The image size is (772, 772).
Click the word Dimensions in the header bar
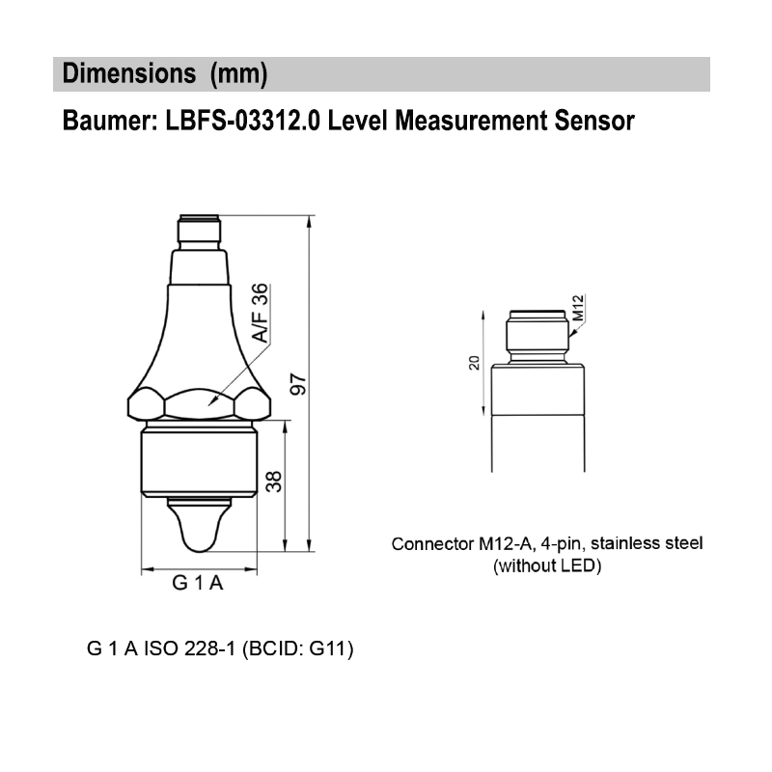[x=124, y=74]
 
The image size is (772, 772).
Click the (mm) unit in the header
[x=237, y=74]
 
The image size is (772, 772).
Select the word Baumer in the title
[x=100, y=123]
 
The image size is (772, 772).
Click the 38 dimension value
[x=275, y=481]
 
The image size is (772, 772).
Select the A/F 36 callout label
[x=260, y=315]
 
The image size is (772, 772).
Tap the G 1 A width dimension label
[x=198, y=583]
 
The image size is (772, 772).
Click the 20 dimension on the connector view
[x=474, y=363]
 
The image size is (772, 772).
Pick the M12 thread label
[x=578, y=308]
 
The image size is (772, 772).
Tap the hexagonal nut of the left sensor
[x=198, y=402]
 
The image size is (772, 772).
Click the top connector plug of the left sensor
[x=199, y=233]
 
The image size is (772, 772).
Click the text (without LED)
[x=547, y=566]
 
